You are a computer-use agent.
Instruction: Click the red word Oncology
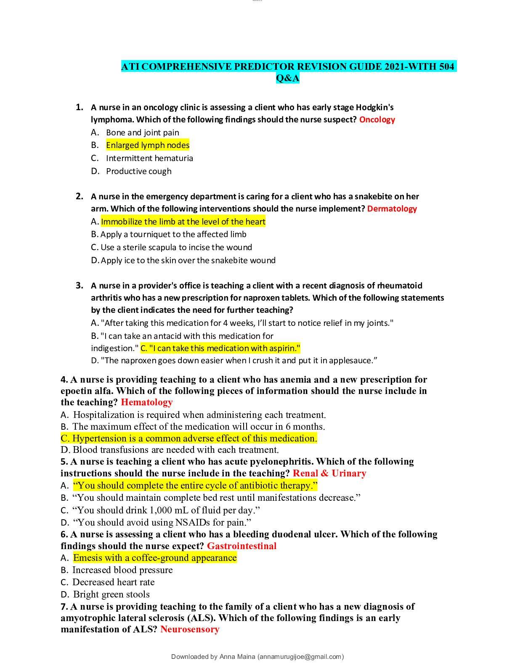(x=377, y=120)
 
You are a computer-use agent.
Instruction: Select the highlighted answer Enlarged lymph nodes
(x=148, y=145)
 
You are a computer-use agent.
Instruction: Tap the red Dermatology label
(x=392, y=209)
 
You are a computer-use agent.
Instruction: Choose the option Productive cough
(x=138, y=172)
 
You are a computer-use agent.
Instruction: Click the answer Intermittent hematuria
(x=149, y=159)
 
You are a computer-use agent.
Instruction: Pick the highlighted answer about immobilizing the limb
(x=183, y=222)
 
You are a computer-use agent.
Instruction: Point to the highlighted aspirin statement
(x=220, y=349)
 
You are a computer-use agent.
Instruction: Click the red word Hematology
(x=146, y=402)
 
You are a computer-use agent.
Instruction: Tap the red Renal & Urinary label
(x=329, y=473)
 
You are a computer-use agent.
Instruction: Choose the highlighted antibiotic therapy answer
(x=195, y=486)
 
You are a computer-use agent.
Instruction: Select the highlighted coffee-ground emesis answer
(x=155, y=558)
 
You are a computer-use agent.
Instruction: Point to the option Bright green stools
(x=111, y=595)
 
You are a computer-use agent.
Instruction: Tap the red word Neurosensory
(x=190, y=629)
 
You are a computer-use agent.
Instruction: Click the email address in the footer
(x=300, y=657)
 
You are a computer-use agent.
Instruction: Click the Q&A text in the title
(x=288, y=78)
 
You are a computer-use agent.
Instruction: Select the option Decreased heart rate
(x=113, y=582)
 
